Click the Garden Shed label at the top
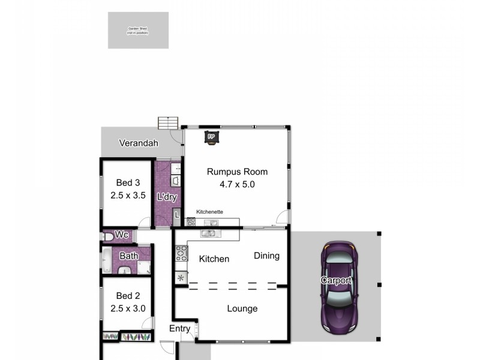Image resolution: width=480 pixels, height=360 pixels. (137, 30)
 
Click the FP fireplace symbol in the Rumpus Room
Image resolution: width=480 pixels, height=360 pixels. (211, 137)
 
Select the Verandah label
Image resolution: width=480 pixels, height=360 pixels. (138, 143)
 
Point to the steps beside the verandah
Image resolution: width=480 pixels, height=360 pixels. (169, 122)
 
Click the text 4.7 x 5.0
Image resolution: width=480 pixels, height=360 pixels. (237, 185)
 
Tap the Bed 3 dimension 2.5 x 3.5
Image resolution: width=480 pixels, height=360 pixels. (128, 195)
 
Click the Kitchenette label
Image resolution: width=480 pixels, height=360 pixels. (210, 212)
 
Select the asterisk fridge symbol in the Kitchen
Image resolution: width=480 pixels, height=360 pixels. (181, 278)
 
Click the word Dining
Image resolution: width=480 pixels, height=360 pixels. (266, 256)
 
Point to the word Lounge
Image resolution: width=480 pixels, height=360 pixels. (242, 308)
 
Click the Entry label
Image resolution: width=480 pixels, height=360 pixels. (179, 328)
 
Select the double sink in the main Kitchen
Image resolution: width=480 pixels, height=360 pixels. (209, 233)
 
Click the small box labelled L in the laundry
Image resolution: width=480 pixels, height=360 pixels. (176, 214)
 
